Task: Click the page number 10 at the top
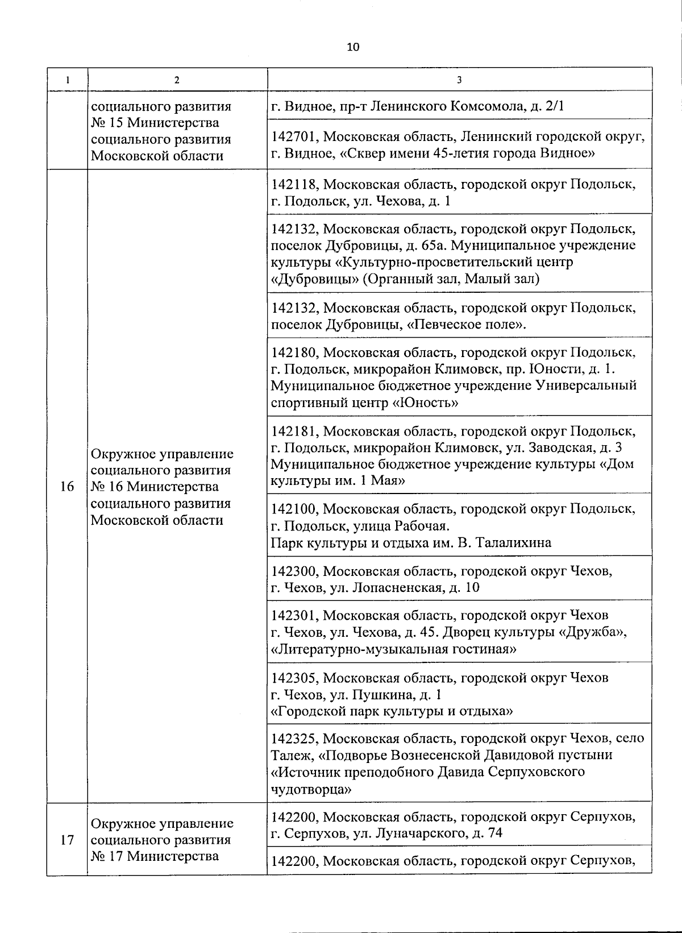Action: pyautogui.click(x=352, y=47)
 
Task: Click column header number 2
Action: pyautogui.click(x=177, y=80)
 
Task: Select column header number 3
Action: pyautogui.click(x=459, y=80)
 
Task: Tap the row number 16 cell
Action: pyautogui.click(x=67, y=487)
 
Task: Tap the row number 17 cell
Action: pyautogui.click(x=67, y=839)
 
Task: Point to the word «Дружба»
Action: pyautogui.click(x=594, y=632)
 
